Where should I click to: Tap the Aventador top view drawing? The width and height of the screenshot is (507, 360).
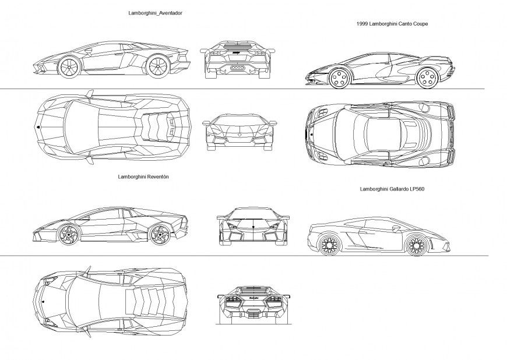coord(112,126)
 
